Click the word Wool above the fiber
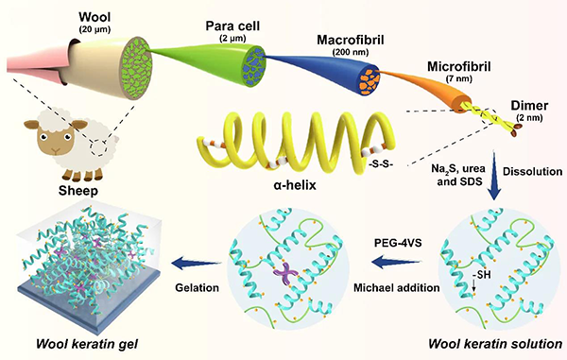94,17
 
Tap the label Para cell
232,26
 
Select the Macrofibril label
351,40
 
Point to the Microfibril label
459,66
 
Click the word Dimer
529,106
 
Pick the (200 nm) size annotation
351,52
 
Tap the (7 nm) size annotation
459,78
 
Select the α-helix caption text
295,185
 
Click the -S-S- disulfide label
381,163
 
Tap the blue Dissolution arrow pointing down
494,176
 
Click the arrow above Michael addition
397,262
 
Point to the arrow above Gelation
197,263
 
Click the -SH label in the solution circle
482,275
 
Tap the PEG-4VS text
398,242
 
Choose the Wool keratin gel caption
87,344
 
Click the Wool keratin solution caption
495,344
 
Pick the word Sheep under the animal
78,191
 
